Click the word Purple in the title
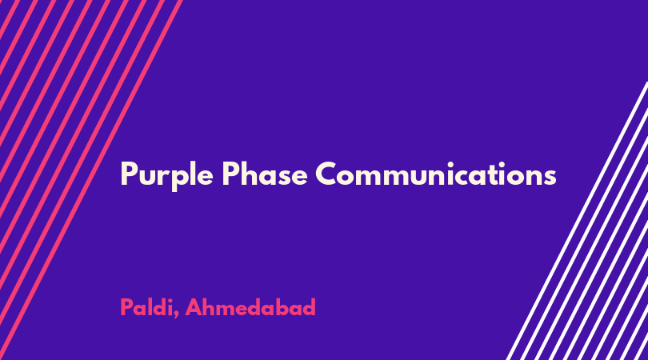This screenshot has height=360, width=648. pyautogui.click(x=166, y=175)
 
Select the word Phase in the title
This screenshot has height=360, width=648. pyautogui.click(x=265, y=174)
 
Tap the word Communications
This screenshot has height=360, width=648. pyautogui.click(x=436, y=174)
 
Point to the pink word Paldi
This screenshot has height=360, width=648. pyautogui.click(x=146, y=307)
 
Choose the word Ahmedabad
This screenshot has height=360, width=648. pyautogui.click(x=250, y=307)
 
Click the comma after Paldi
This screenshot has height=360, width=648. pyautogui.click(x=177, y=314)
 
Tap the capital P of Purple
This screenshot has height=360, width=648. pyautogui.click(x=128, y=174)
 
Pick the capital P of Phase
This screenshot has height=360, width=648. pyautogui.click(x=230, y=174)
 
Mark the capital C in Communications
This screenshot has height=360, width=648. pyautogui.click(x=327, y=174)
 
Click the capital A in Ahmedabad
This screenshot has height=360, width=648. pyautogui.click(x=194, y=307)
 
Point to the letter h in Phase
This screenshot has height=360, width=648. pyautogui.click(x=250, y=173)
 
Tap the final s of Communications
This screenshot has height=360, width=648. pyautogui.click(x=549, y=178)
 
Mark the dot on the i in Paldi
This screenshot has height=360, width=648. pyautogui.click(x=170, y=300)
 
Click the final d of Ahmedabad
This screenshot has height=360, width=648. pyautogui.click(x=308, y=307)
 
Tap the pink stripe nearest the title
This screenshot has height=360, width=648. pyautogui.click(x=90, y=180)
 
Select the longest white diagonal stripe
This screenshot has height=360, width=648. pyautogui.click(x=578, y=221)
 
